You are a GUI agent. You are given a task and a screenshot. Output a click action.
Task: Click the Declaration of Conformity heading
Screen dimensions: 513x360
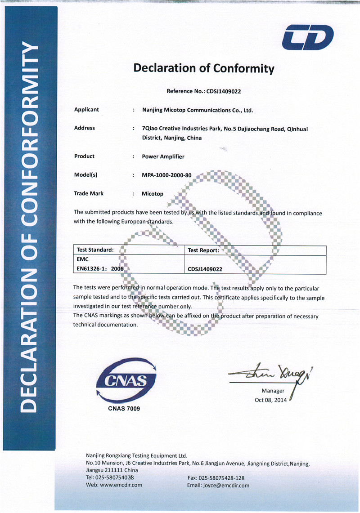pyautogui.click(x=203, y=68)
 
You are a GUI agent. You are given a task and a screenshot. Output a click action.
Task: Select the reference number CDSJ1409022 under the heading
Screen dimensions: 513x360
pyautogui.click(x=224, y=91)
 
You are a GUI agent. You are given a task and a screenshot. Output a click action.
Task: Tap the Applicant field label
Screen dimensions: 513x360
pyautogui.click(x=86, y=109)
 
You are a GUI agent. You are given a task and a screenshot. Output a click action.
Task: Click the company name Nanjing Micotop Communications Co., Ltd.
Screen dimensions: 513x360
pyautogui.click(x=198, y=110)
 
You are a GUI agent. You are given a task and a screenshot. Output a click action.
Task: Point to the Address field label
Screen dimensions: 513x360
pyautogui.click(x=85, y=128)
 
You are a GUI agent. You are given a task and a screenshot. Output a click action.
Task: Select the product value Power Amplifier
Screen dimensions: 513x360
pyautogui.click(x=163, y=156)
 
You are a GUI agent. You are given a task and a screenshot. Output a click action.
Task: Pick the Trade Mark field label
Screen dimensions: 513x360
pyautogui.click(x=89, y=193)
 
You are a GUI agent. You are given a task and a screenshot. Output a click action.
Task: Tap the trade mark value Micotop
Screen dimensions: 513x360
pyautogui.click(x=153, y=194)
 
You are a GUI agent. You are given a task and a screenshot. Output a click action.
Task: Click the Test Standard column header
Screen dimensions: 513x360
pyautogui.click(x=95, y=250)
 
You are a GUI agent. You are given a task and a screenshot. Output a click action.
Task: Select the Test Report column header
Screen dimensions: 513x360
pyautogui.click(x=203, y=250)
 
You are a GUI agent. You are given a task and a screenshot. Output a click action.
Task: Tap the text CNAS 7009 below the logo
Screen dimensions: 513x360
pyautogui.click(x=124, y=409)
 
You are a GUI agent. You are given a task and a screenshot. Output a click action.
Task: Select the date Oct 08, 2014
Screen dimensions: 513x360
pyautogui.click(x=270, y=400)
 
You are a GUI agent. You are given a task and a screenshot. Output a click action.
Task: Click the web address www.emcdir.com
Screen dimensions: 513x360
pyautogui.click(x=121, y=485)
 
